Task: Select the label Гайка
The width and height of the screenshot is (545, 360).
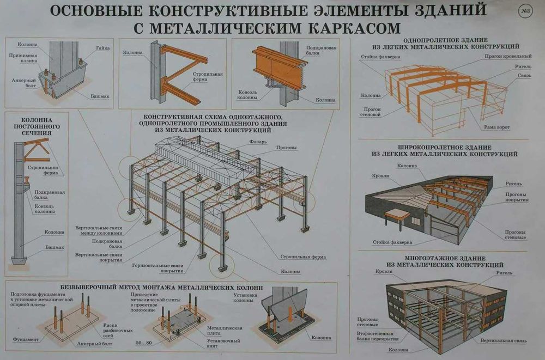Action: coord(103,48)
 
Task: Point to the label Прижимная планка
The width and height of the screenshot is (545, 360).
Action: coord(23,59)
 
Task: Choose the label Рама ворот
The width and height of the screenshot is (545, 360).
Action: coord(496,127)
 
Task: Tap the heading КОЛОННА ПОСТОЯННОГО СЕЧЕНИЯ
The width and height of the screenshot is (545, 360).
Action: coord(37,126)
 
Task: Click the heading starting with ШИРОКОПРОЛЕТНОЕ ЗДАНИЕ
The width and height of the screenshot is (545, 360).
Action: coord(445,151)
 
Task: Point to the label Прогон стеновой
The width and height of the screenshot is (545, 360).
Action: coord(371,111)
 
